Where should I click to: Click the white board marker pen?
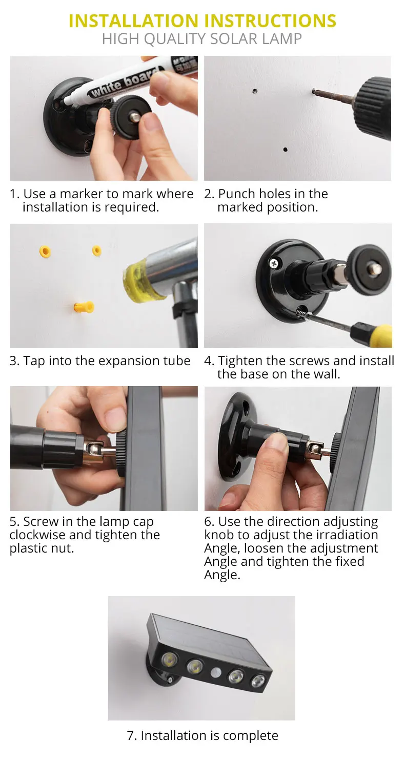click(x=130, y=80)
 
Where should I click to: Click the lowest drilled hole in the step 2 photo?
click(x=286, y=150)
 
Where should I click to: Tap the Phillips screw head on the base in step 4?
click(x=274, y=263)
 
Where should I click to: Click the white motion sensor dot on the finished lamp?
click(x=216, y=672)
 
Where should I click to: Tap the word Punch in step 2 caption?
click(x=236, y=194)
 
